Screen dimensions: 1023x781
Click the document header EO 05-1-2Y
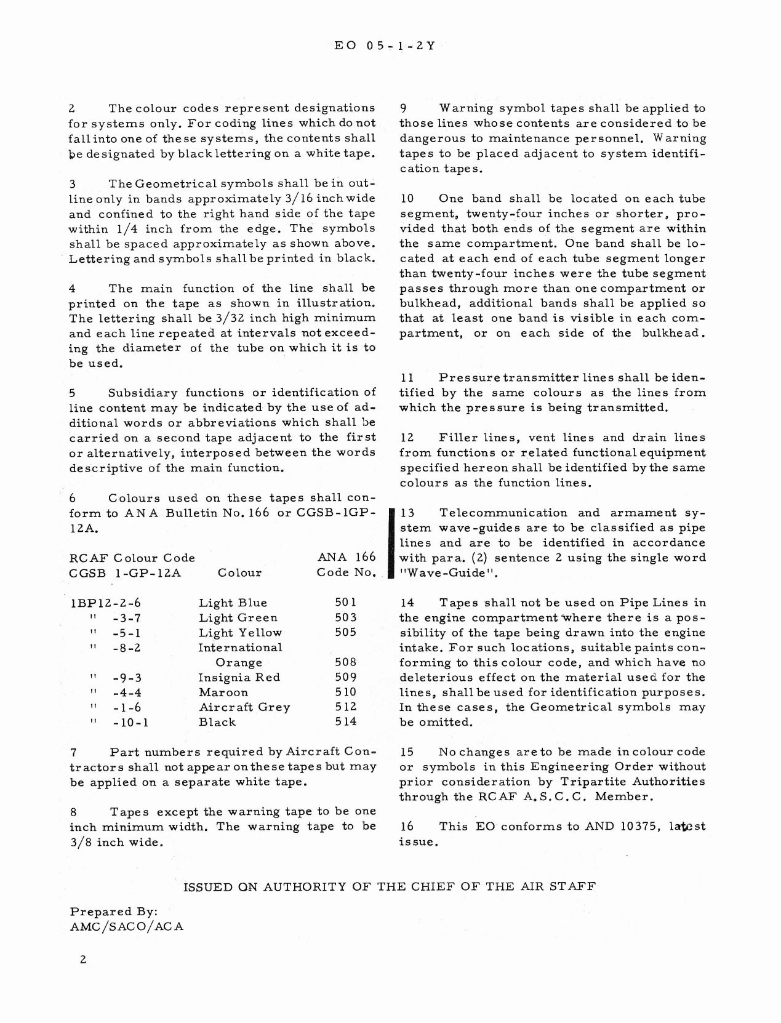tap(385, 46)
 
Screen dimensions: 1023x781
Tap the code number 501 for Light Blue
tap(345, 603)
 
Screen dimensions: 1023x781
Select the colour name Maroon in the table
tap(223, 692)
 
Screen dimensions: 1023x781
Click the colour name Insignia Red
tap(239, 678)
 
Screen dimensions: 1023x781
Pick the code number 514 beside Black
tap(345, 722)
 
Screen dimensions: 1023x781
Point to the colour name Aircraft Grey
tap(244, 707)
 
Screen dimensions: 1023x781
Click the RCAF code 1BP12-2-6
tap(106, 603)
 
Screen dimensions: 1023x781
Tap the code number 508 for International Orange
tap(345, 663)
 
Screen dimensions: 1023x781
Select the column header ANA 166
tap(346, 557)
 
